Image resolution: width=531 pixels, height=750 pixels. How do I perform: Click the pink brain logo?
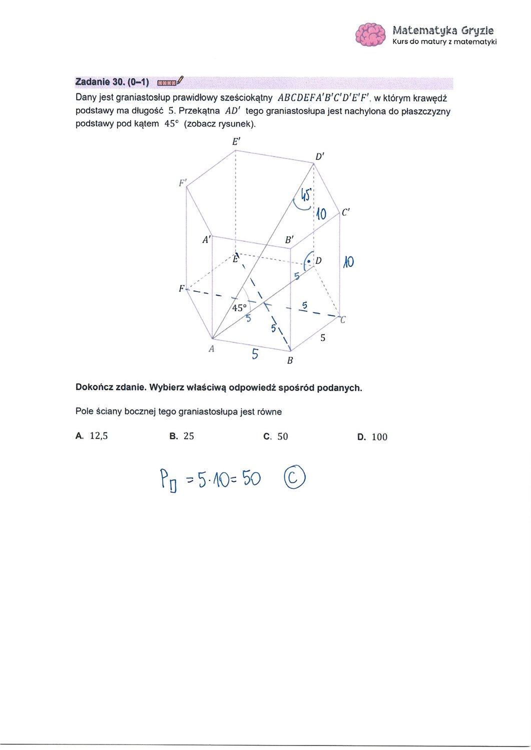[x=370, y=34]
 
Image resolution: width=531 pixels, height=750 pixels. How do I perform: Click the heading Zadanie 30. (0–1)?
[x=112, y=82]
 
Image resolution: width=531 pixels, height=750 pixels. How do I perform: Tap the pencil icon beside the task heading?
[x=180, y=79]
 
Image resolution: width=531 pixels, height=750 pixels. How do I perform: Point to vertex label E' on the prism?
[x=236, y=141]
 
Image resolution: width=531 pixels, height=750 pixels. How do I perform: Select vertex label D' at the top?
[x=320, y=156]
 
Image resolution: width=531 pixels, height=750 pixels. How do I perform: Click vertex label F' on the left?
[x=183, y=183]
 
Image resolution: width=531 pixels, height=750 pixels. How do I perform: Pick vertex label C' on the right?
[x=346, y=212]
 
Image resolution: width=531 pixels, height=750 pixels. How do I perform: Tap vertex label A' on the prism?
[x=207, y=239]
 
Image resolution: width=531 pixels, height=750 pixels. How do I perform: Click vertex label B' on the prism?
[x=289, y=239]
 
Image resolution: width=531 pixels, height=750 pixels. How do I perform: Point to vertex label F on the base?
[x=181, y=288]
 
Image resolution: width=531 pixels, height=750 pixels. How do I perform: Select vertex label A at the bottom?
[x=212, y=349]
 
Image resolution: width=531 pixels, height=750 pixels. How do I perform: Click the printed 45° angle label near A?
[x=239, y=307]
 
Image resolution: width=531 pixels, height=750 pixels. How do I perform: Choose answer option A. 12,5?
[x=92, y=436]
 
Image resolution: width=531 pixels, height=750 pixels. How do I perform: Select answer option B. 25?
[x=182, y=436]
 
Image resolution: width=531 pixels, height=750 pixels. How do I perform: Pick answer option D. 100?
[x=372, y=436]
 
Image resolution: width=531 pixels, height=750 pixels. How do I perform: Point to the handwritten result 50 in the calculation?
[x=251, y=479]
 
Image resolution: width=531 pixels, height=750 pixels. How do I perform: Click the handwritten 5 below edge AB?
[x=255, y=354]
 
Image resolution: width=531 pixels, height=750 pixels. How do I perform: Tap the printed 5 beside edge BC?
[x=323, y=338]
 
